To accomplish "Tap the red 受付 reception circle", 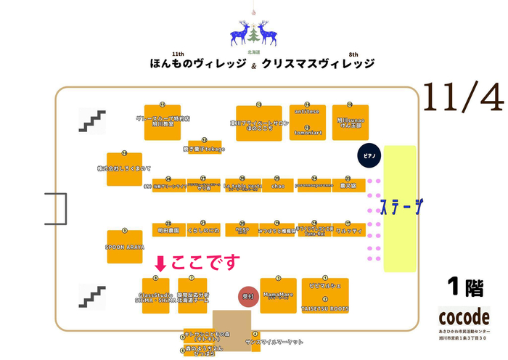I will point(247,296).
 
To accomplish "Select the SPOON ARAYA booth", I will point(125,247).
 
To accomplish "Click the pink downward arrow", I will point(161,263).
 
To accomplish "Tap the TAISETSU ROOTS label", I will point(324,308).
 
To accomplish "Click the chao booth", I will point(278,185).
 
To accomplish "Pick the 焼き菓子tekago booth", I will point(204,148).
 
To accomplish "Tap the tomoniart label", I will point(307,133).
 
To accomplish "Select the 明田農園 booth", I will point(168,229).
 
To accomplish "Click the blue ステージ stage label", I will point(401,207).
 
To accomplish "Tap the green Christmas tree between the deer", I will point(253,34).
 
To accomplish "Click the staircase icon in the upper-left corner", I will point(91,121).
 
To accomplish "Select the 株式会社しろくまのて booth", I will point(124,168).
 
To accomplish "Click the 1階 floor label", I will point(465,288).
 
